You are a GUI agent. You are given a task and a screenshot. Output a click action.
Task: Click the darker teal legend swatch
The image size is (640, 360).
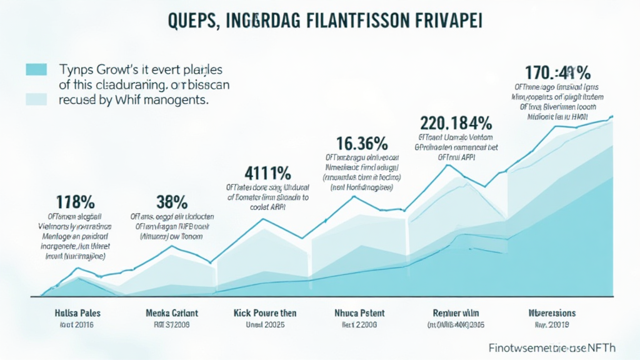(36, 69)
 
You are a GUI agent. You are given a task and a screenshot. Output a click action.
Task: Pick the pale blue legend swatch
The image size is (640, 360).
(36, 98)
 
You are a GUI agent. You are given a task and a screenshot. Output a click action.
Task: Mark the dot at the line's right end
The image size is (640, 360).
(611, 117)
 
